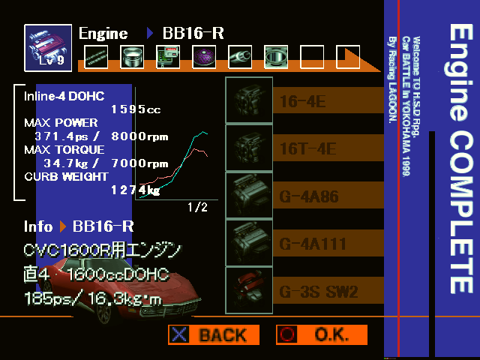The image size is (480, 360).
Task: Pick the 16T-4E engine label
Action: pos(308,148)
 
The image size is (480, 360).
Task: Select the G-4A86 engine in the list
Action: pos(308,196)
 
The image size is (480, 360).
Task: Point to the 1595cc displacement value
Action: pos(136,109)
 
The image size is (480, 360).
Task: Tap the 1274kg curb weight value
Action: pos(136,190)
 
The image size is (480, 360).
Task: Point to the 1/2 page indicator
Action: pos(196,208)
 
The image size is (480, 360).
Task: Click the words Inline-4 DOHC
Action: pos(64,96)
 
